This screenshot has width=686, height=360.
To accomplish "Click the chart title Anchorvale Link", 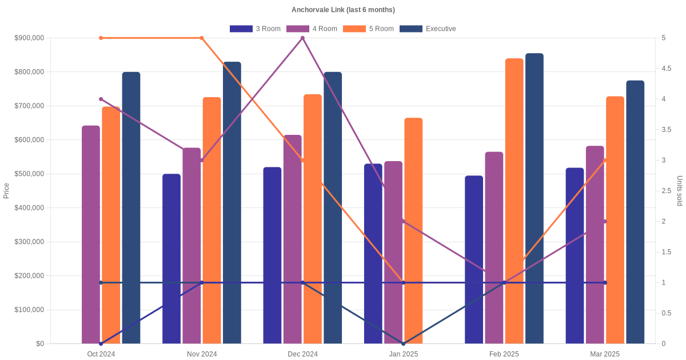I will tap(343, 10).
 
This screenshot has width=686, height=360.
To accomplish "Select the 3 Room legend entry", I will tap(255, 29).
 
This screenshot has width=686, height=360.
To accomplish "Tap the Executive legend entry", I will tap(428, 29).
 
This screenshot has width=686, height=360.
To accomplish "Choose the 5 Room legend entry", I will tap(368, 29).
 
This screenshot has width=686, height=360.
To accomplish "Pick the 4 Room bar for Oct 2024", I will tap(91, 234).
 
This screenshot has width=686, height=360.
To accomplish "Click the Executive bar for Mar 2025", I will tap(635, 212).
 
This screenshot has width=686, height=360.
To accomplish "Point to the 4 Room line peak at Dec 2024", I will tap(302, 38).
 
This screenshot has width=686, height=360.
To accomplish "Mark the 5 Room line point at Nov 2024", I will tap(202, 38).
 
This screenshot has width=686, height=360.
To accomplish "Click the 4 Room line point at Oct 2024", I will tap(101, 99).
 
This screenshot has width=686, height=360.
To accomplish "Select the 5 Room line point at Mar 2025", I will tap(605, 161).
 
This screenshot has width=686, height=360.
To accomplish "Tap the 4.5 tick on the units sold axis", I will tap(667, 69).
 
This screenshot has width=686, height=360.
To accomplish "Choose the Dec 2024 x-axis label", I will tap(302, 354).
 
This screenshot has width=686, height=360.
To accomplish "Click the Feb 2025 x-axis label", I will tap(504, 354).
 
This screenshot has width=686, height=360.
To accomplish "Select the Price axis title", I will tap(6, 191).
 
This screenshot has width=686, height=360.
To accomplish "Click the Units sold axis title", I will tap(680, 191).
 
